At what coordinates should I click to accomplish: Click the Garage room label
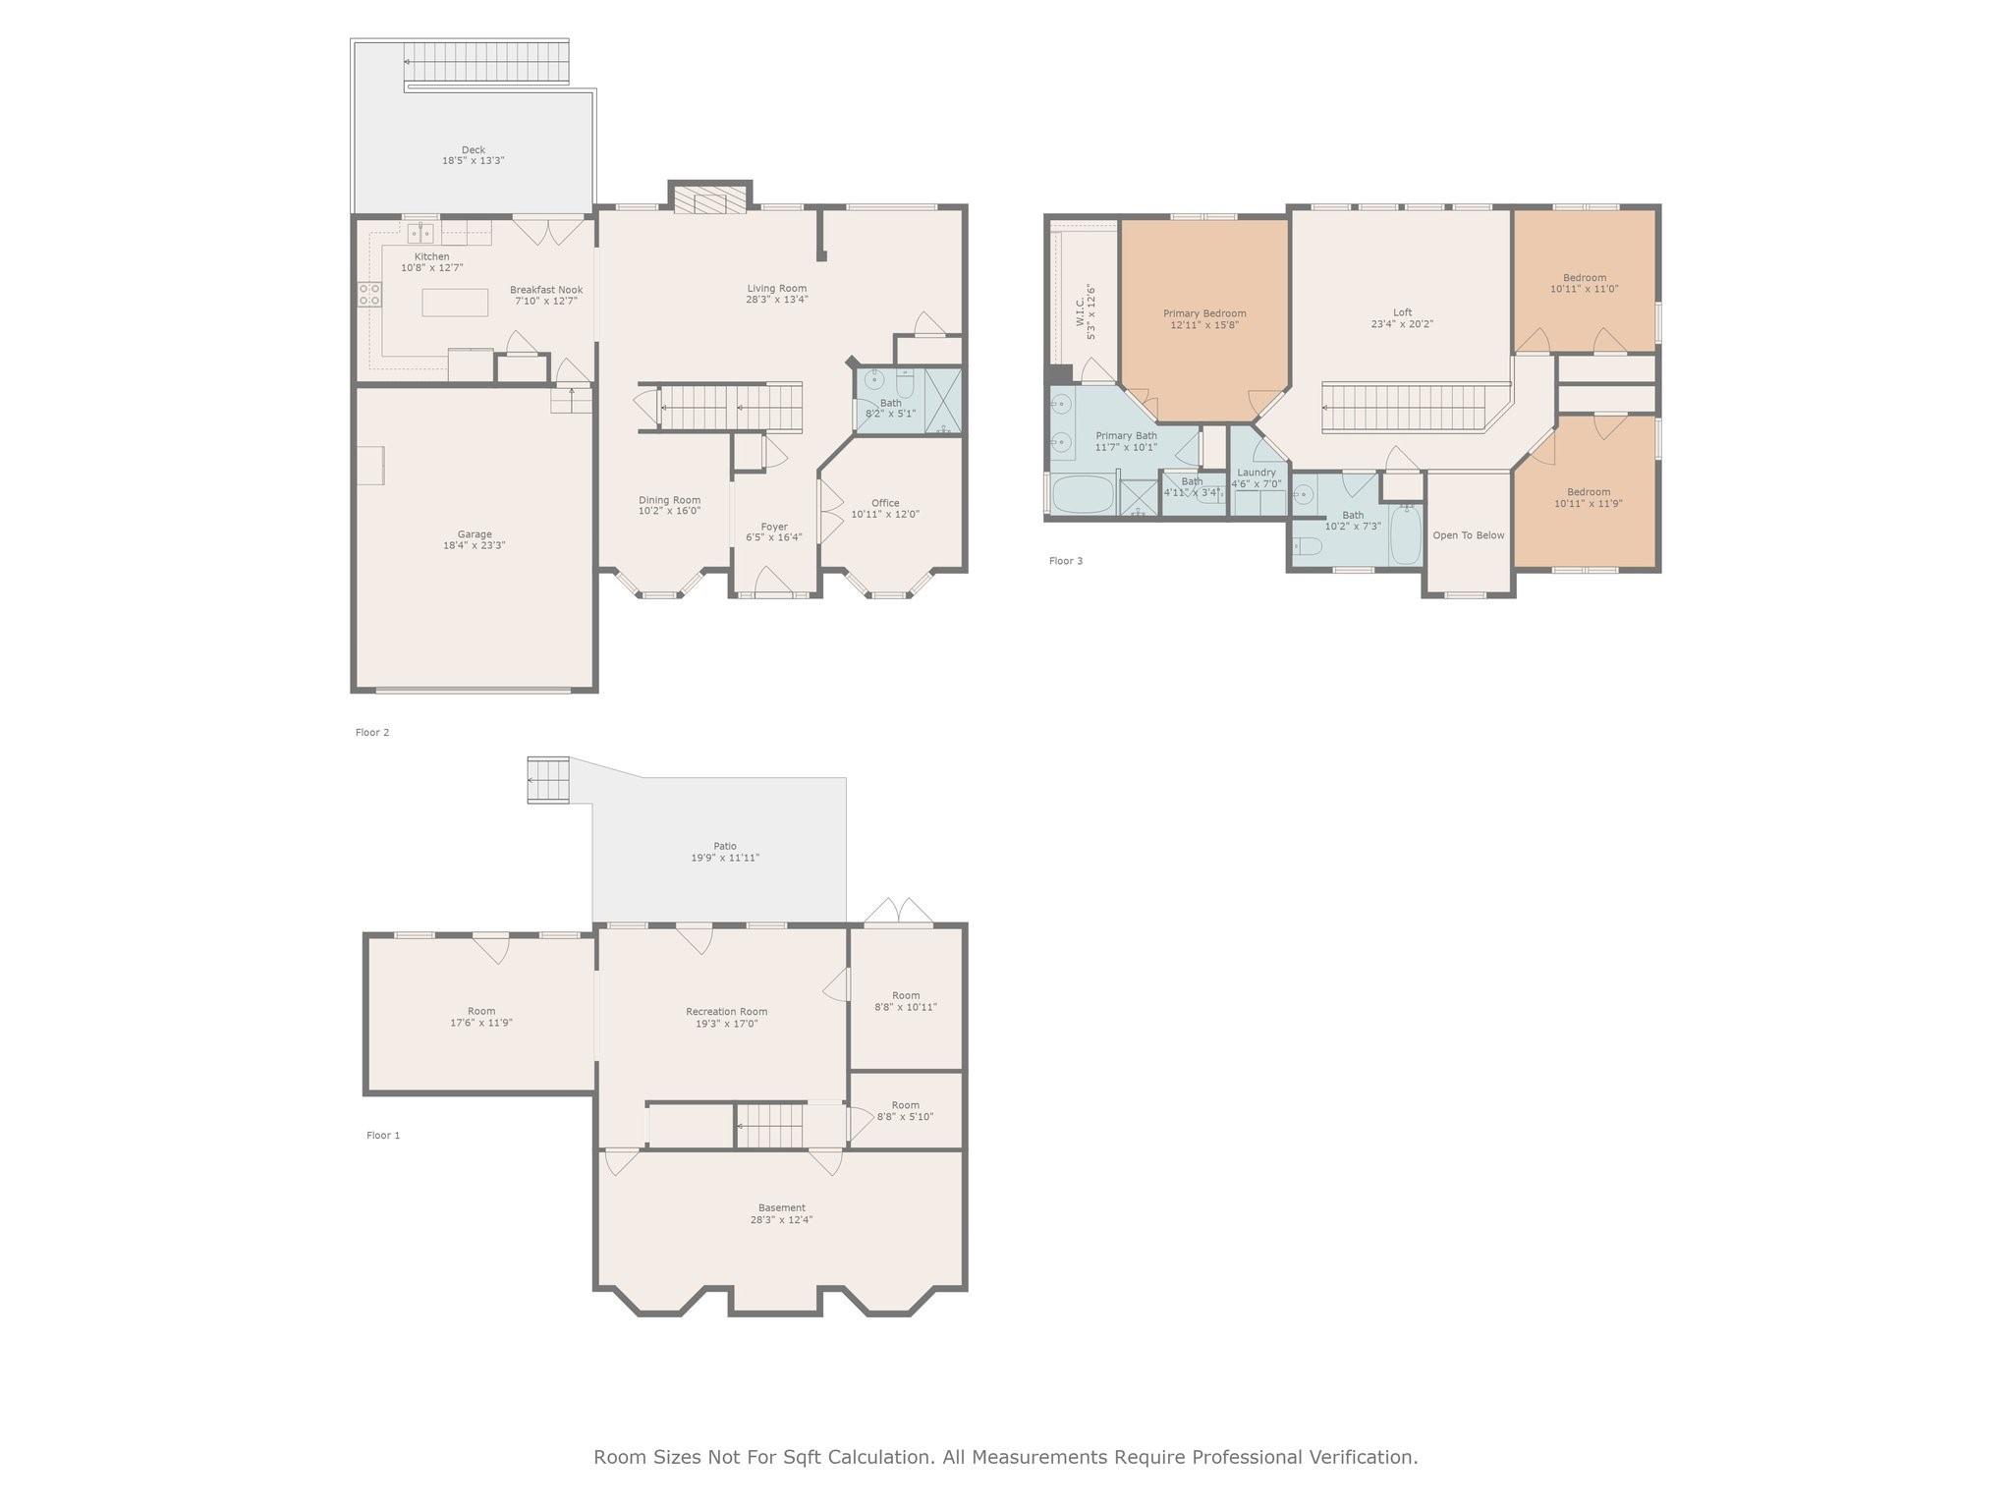click(x=475, y=534)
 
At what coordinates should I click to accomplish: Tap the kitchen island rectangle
click(x=455, y=302)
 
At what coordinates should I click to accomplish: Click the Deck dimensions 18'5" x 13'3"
click(x=474, y=160)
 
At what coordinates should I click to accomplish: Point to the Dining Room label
click(x=670, y=500)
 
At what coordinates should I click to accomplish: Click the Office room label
click(x=885, y=503)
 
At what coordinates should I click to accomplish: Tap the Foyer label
click(x=774, y=527)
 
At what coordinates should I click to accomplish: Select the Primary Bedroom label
click(x=1204, y=313)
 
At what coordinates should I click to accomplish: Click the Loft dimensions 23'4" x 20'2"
click(x=1403, y=324)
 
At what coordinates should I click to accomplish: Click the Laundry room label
click(x=1257, y=473)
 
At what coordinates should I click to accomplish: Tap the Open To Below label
click(x=1469, y=535)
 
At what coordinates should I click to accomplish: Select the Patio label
click(x=725, y=846)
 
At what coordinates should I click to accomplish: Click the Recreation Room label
click(x=727, y=1012)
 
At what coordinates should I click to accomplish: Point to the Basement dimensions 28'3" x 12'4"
click(x=782, y=1220)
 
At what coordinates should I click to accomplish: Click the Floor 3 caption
click(x=1066, y=561)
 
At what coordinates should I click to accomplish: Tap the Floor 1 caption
click(x=383, y=1136)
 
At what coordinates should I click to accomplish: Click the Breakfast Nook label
click(x=546, y=290)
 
